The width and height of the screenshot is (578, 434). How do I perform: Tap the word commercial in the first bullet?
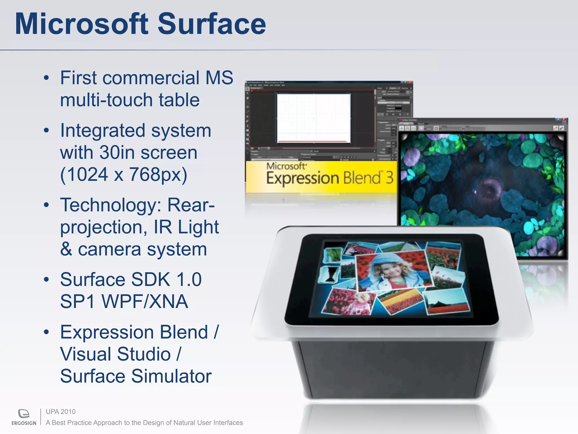point(151,78)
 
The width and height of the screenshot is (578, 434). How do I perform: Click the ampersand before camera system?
point(66,249)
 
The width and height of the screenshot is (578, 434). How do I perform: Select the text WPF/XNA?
point(145,301)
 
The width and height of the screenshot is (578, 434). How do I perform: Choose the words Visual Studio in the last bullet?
point(116,354)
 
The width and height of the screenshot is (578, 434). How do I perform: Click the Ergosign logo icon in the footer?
point(24,414)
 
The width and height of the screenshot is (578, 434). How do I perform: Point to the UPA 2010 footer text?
point(61,412)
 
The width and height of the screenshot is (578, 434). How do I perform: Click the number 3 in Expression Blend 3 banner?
point(389,178)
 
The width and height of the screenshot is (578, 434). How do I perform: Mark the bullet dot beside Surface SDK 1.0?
point(47,279)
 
